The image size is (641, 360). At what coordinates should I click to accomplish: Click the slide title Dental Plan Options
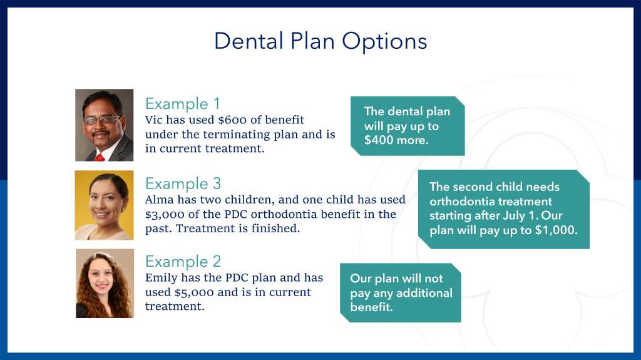coord(320,41)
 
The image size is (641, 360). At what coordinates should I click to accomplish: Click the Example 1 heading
coord(183,104)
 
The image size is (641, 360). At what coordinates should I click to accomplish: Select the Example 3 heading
coord(183,183)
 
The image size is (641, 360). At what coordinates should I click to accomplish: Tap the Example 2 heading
coord(183,262)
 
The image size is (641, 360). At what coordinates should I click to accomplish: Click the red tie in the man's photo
coord(100,158)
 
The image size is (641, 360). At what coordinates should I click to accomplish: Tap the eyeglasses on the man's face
coord(101,120)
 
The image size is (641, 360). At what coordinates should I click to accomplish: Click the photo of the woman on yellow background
coord(105,205)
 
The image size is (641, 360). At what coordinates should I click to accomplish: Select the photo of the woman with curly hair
coord(105,284)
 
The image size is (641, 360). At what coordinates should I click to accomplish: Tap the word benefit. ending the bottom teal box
coord(372,307)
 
